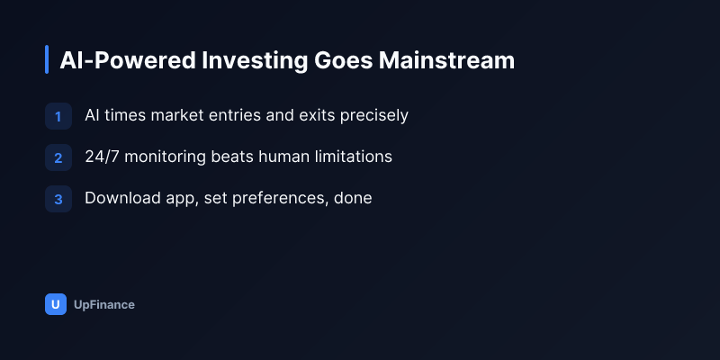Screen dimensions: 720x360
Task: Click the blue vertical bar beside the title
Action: coord(47,59)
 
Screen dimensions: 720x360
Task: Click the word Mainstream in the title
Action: coord(446,60)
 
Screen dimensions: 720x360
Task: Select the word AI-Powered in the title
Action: coord(128,60)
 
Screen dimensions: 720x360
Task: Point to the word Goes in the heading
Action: coord(344,60)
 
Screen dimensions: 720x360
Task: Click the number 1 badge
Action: coord(58,116)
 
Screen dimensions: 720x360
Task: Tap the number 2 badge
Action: coord(58,157)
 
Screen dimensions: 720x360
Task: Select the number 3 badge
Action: coord(58,199)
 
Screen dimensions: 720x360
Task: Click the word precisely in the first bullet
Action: coord(373,116)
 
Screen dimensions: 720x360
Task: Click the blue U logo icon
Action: coord(56,304)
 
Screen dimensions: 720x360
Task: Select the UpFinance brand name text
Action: coord(104,305)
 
